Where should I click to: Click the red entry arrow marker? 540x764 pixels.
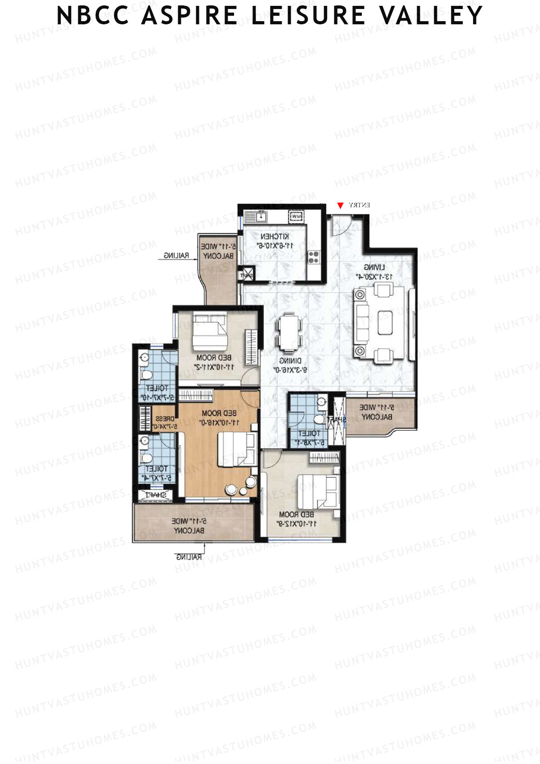click(x=340, y=206)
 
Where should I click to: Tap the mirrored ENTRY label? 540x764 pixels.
click(x=360, y=205)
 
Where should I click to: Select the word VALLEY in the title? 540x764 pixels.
click(x=431, y=16)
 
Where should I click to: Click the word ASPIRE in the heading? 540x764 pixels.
click(x=189, y=16)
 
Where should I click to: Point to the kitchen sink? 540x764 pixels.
click(x=259, y=217)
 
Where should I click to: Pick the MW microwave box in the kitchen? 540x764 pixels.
click(x=295, y=217)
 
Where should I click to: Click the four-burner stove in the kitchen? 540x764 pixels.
click(x=313, y=257)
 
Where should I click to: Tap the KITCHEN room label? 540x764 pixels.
click(x=274, y=236)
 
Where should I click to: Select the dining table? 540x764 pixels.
click(x=288, y=333)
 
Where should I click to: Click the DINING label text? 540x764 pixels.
click(x=290, y=361)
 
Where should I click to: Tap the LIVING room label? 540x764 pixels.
click(x=374, y=267)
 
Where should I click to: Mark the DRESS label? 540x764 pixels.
click(x=165, y=419)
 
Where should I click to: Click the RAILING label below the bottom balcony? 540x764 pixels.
click(x=189, y=557)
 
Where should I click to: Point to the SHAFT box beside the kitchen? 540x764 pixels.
click(x=247, y=275)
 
